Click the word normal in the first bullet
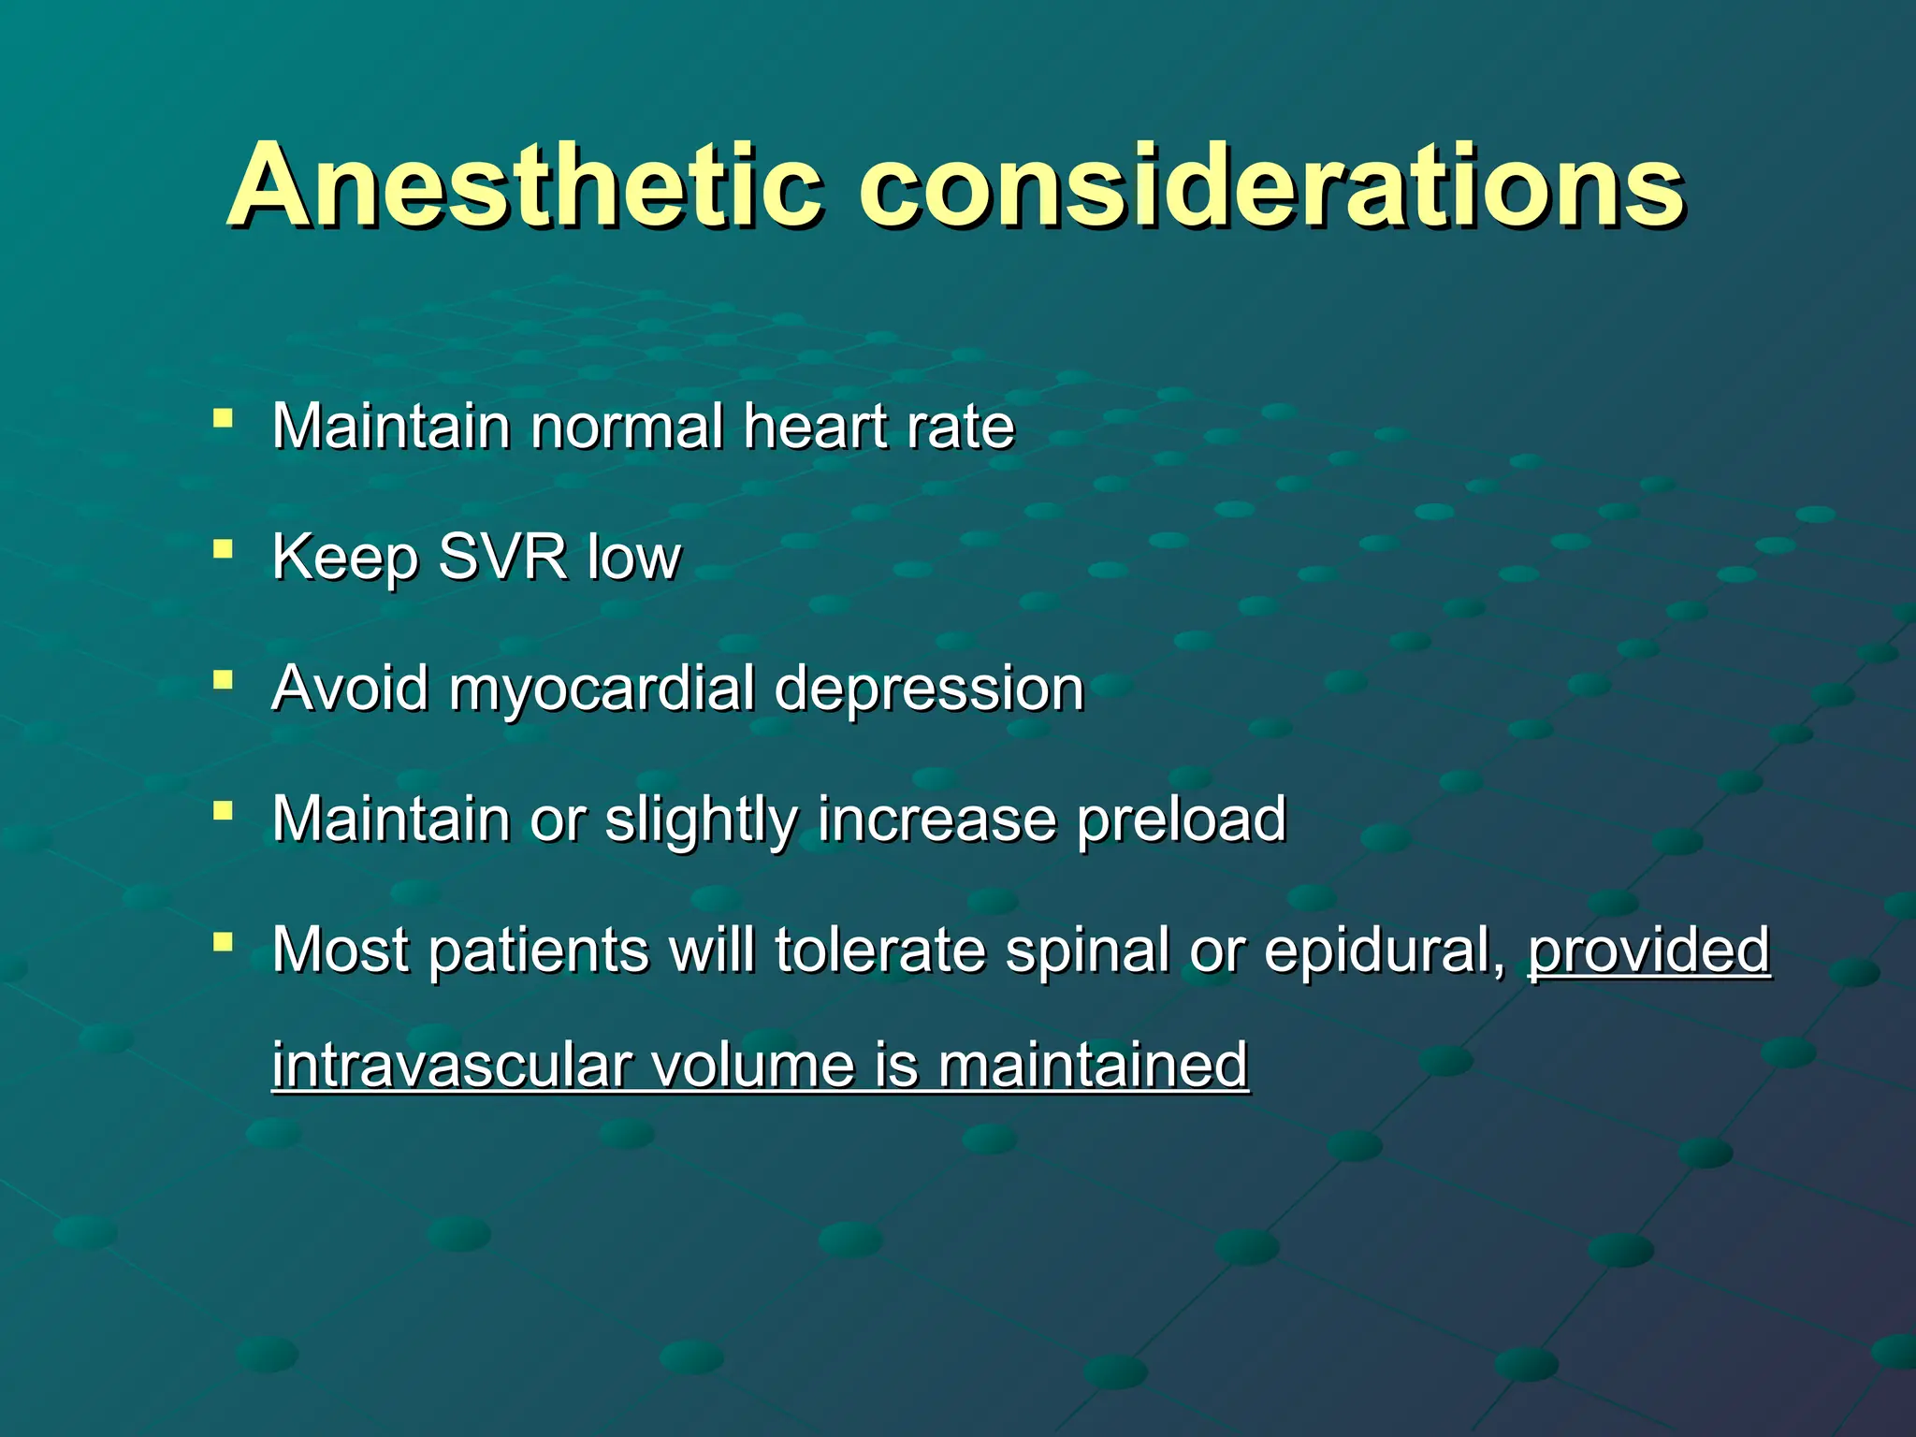(x=627, y=427)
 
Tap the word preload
(x=1182, y=820)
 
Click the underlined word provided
(x=1648, y=951)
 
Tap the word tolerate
(x=880, y=951)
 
